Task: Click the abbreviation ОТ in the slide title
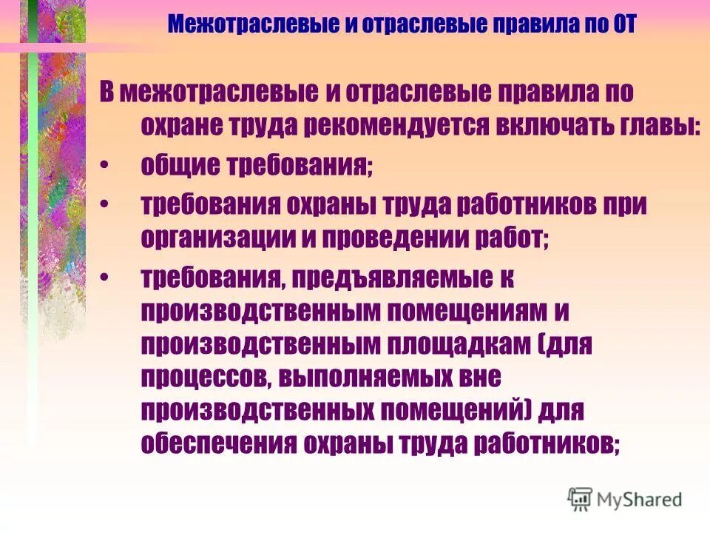[620, 24]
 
